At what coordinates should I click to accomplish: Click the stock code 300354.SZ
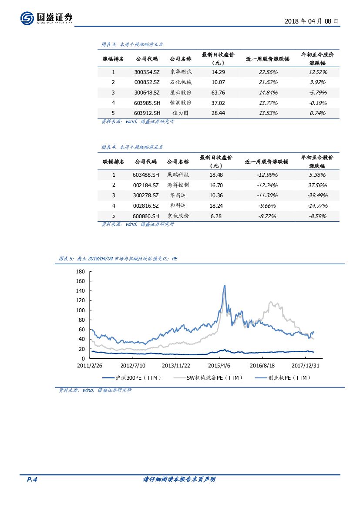coord(147,72)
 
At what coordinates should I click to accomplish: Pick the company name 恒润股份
coord(181,103)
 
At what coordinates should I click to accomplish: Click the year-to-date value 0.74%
coord(318,113)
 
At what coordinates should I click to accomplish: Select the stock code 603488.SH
coord(146,175)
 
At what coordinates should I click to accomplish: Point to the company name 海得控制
coord(178,185)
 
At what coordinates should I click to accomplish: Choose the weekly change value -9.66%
coord(266,206)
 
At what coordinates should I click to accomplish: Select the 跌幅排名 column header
coord(113,162)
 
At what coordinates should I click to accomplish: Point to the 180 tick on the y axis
coord(80,271)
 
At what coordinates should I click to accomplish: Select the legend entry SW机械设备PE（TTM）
coord(214,378)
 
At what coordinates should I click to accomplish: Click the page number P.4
coord(33,479)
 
